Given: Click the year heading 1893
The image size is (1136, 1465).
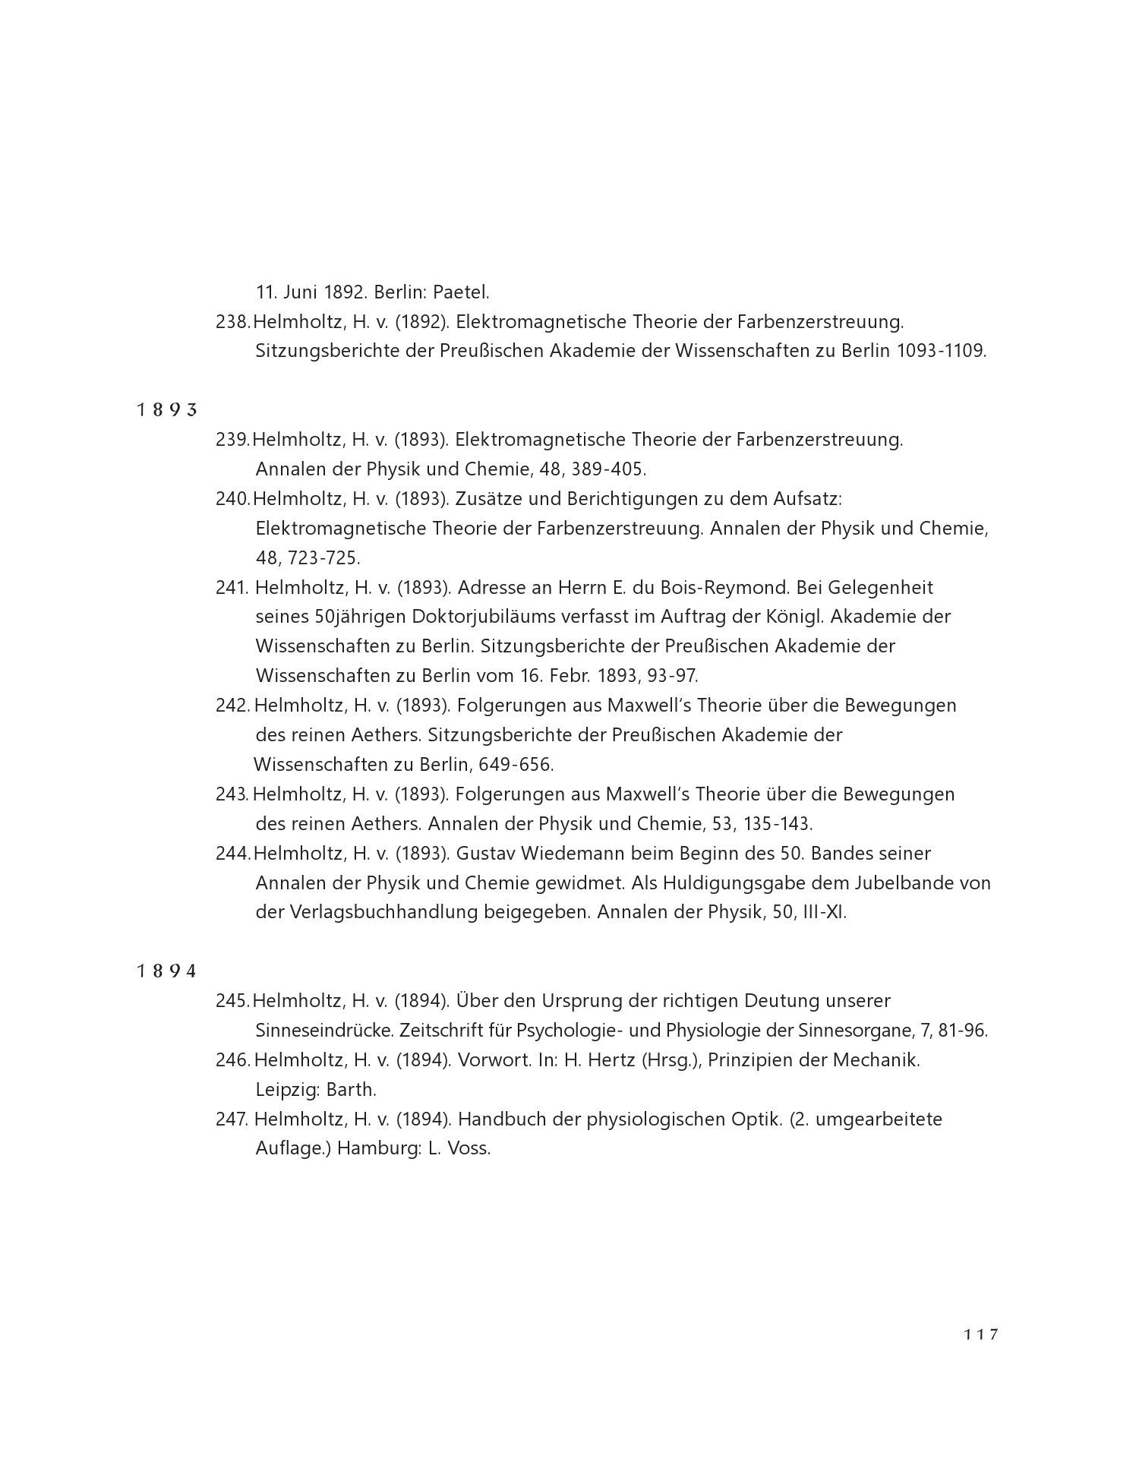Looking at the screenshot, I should tap(167, 410).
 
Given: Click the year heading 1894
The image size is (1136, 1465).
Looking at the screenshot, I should tap(167, 971).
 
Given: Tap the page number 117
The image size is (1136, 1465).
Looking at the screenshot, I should tap(981, 1334).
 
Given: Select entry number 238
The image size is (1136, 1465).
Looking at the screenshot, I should tap(232, 322).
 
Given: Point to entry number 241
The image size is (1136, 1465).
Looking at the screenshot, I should tap(232, 588).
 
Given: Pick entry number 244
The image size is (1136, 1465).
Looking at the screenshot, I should tap(232, 854).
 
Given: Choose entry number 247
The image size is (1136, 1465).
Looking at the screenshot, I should tap(232, 1119).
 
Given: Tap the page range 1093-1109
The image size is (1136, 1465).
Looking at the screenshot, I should tap(941, 352).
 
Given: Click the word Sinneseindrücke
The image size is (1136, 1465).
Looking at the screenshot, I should tap(324, 1031).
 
